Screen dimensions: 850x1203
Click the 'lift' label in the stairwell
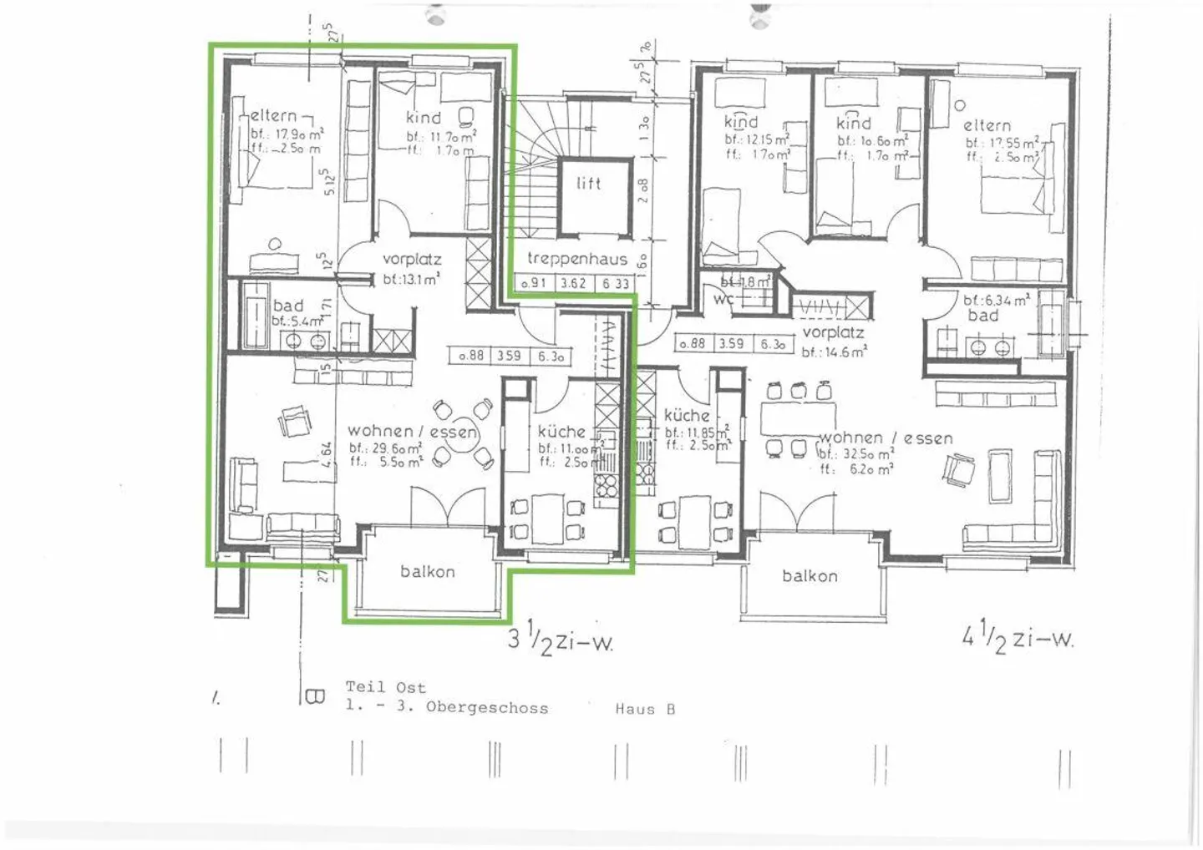point(588,184)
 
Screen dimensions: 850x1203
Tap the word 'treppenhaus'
point(576,260)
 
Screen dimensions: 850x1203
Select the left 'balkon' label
point(428,572)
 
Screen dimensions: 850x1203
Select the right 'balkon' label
point(810,576)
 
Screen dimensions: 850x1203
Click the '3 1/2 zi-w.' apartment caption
point(561,641)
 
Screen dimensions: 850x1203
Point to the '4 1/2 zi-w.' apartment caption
point(1018,639)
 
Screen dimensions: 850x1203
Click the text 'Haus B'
point(645,709)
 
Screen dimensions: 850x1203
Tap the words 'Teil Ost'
point(386,687)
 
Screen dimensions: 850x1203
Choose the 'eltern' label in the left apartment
point(273,116)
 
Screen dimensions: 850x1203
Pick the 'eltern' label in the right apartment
point(987,126)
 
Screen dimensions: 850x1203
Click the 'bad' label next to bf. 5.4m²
point(288,306)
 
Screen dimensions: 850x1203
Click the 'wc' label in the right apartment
point(723,299)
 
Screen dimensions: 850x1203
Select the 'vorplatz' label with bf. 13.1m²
point(412,260)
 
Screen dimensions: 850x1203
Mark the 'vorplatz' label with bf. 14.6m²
point(833,333)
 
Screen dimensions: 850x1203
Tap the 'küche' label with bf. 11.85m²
point(687,415)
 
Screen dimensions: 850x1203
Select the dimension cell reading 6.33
point(616,284)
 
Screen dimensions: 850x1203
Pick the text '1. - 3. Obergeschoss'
point(447,707)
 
